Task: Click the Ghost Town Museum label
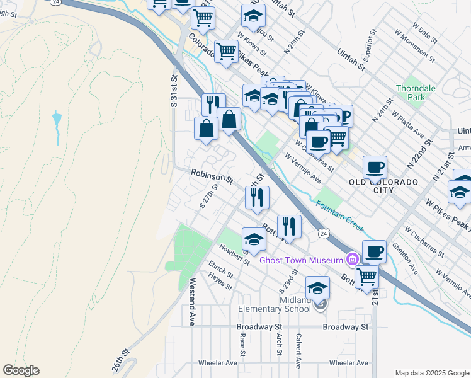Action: pos(301,260)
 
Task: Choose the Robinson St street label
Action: pos(212,176)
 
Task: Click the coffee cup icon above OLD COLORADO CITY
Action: pos(375,167)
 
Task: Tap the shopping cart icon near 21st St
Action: pos(366,276)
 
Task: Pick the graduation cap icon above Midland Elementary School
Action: pos(318,288)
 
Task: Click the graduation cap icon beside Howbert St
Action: pos(254,239)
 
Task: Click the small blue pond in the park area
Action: pos(57,118)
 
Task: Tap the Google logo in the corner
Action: pos(21,370)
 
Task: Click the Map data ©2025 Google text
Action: pos(431,373)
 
